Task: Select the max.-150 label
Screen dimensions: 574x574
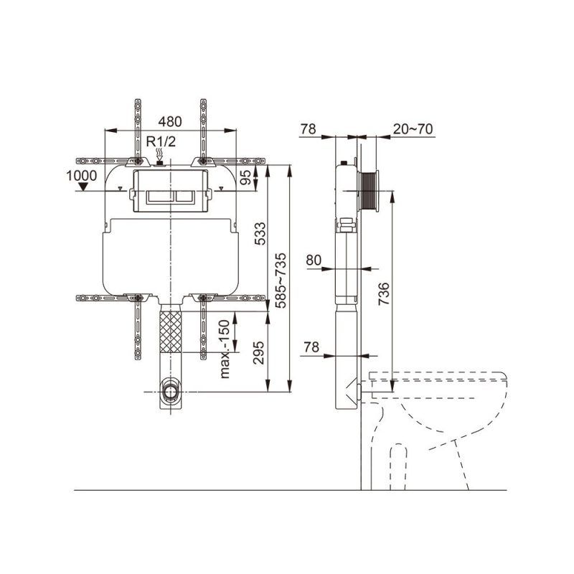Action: point(225,349)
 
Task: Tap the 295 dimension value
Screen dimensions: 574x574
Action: point(260,352)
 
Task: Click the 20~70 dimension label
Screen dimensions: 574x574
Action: point(413,129)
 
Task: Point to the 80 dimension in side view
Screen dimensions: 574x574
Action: point(314,260)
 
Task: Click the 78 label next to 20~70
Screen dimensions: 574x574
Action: point(309,129)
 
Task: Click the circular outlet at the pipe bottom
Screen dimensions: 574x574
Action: point(170,392)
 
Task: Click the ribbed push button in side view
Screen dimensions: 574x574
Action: point(371,191)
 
